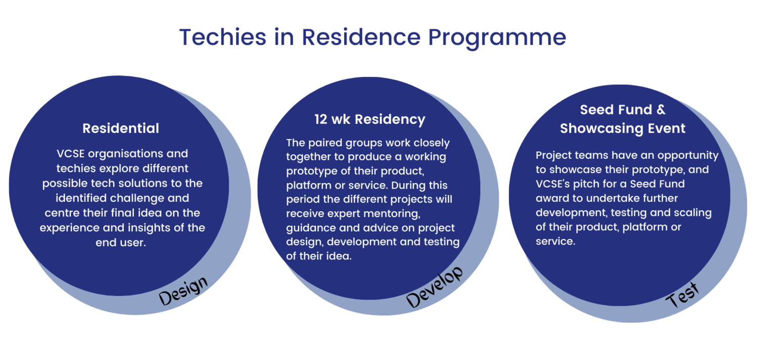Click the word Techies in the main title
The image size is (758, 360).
223,37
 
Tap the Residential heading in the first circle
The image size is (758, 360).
121,128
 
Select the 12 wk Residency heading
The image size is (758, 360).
370,119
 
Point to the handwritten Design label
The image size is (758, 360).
183,291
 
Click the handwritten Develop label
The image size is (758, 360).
434,287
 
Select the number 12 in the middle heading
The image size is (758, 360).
321,119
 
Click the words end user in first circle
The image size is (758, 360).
120,243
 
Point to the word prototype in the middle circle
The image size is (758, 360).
311,171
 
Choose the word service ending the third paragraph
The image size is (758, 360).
555,241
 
